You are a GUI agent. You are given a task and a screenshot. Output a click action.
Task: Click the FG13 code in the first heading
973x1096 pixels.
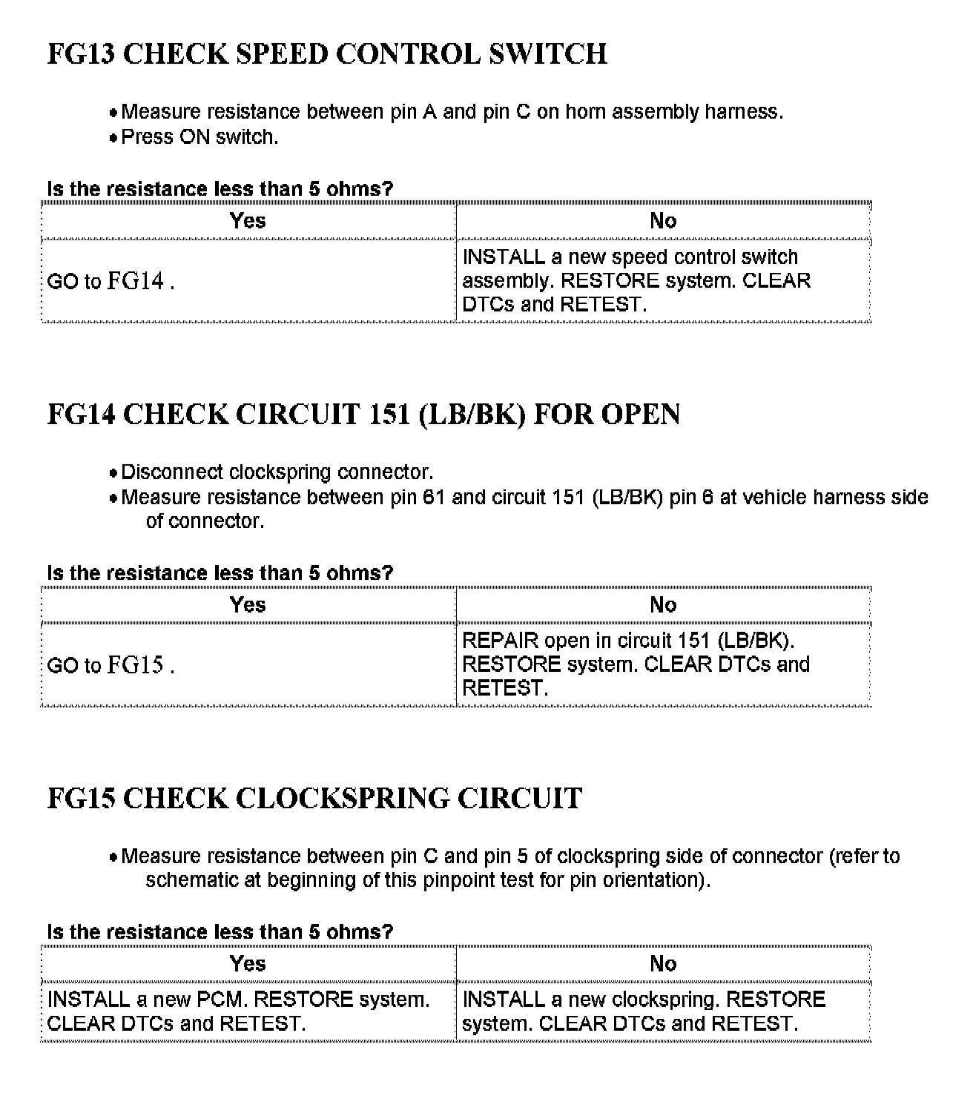click(x=81, y=54)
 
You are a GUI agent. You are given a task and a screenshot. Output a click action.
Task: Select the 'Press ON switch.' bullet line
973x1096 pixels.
click(x=199, y=137)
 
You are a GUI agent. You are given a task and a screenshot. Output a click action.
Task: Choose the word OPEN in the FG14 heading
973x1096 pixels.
click(x=639, y=415)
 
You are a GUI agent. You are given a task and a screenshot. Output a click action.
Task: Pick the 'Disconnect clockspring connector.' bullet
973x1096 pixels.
click(x=277, y=472)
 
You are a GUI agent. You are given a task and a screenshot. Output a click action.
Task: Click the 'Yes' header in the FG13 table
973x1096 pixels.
click(x=248, y=220)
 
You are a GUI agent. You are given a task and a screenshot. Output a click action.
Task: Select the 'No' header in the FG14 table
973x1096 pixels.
click(x=663, y=604)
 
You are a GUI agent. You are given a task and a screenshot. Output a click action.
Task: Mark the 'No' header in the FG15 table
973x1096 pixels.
click(x=663, y=963)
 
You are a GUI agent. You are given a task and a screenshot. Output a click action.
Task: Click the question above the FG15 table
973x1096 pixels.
click(x=220, y=932)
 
